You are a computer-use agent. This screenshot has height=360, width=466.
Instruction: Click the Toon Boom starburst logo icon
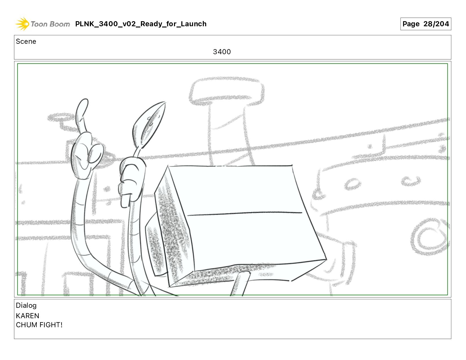coord(22,24)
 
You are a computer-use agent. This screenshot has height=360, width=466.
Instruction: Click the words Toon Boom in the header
coord(50,24)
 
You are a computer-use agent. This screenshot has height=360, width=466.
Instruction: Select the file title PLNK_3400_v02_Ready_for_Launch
coord(141,24)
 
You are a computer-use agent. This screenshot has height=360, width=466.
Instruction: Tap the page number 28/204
coord(436,24)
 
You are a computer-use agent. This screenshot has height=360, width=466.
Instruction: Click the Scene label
coord(26,42)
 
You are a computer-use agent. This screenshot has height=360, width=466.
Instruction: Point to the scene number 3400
coord(222,52)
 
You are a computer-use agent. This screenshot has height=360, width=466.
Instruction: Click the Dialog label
coord(26,305)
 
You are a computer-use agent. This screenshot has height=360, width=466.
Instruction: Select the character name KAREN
coord(27,316)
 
